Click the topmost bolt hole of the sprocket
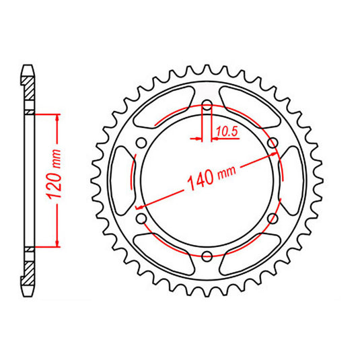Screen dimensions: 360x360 pyautogui.click(x=207, y=106)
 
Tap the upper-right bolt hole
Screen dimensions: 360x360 pyautogui.click(x=273, y=143)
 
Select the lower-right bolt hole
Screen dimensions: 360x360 pyautogui.click(x=273, y=218)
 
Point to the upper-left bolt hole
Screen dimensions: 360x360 pyautogui.click(x=142, y=143)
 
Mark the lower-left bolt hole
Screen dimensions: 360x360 pyautogui.click(x=142, y=218)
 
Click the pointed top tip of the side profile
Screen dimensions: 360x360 pyautogui.click(x=28, y=66)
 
